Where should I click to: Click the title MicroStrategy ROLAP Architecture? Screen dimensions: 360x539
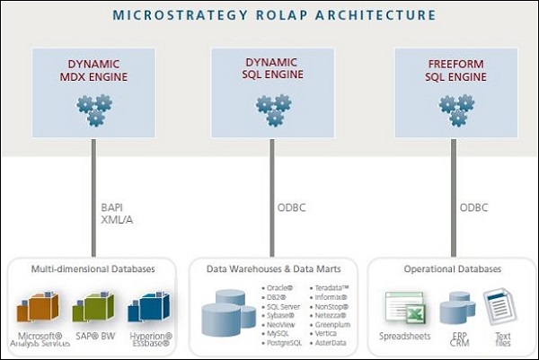(x=269, y=15)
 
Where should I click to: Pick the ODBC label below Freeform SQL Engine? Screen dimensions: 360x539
(x=474, y=212)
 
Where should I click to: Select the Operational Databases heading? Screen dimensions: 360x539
(x=454, y=268)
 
